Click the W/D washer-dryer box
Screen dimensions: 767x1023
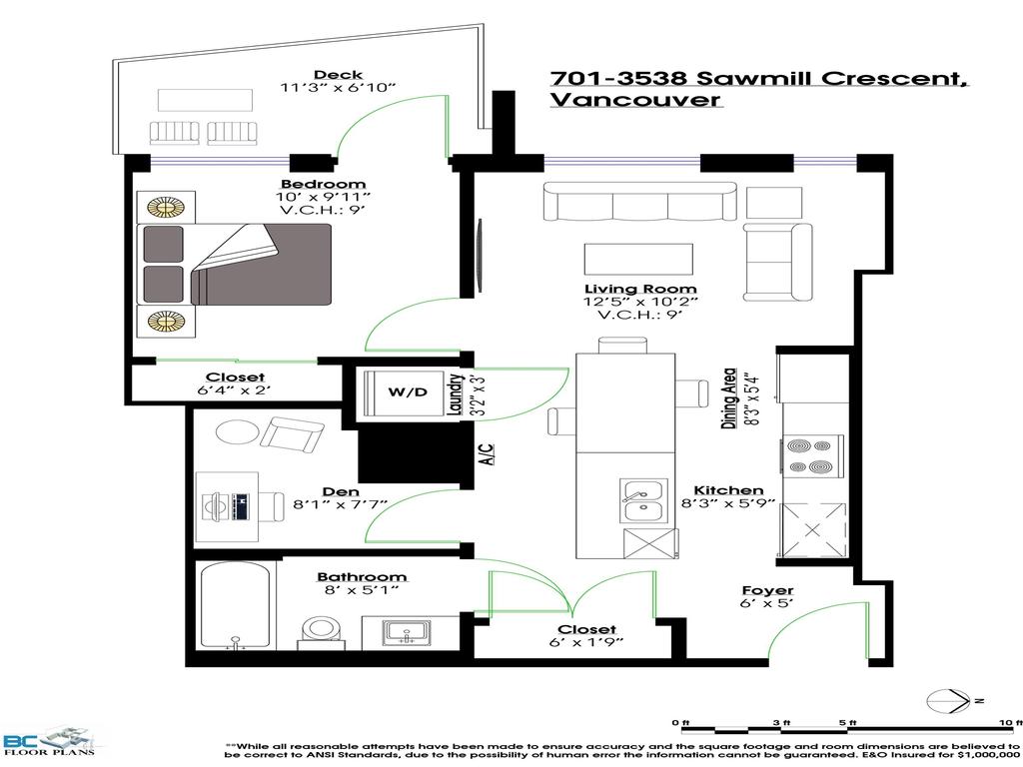[x=408, y=391]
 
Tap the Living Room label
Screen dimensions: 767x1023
[x=640, y=289]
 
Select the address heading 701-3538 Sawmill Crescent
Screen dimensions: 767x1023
[x=758, y=79]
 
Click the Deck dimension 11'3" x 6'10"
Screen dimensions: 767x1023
[x=338, y=89]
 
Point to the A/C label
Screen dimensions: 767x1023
[x=487, y=457]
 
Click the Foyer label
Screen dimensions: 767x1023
[x=767, y=590]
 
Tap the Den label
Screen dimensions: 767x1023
[x=335, y=491]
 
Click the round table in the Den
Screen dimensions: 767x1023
[x=237, y=432]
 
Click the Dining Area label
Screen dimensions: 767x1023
[x=730, y=396]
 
